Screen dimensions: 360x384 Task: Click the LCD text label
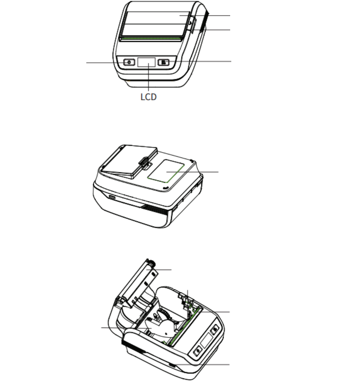(148, 97)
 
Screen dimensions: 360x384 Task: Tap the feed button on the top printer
(164, 62)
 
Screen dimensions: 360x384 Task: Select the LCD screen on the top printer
(146, 62)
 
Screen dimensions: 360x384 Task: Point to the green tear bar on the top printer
(152, 39)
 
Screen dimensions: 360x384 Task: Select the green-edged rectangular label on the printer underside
(166, 171)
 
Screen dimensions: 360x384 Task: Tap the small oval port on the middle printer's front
(112, 197)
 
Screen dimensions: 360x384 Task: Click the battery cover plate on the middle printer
(128, 162)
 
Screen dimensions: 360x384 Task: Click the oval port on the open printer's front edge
(172, 365)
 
